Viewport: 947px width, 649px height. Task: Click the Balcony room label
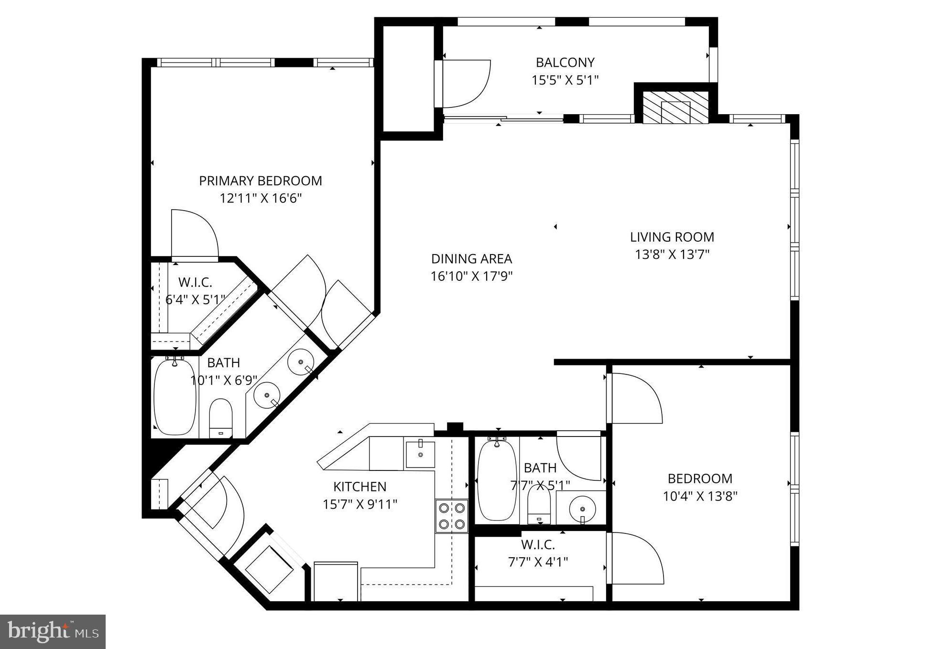pos(565,63)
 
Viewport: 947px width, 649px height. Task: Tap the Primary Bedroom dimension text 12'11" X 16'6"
pos(261,198)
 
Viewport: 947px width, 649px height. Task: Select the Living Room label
pos(672,237)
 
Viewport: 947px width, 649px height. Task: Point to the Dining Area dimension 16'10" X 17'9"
pos(471,277)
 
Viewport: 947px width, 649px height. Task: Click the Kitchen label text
pos(359,487)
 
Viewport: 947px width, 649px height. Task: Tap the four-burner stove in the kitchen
pos(451,516)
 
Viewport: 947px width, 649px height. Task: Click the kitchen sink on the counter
pos(420,455)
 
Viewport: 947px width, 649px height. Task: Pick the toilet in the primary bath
pos(221,418)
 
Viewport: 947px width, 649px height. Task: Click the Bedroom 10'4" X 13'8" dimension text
pos(700,496)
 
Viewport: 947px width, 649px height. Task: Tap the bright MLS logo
pos(53,631)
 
